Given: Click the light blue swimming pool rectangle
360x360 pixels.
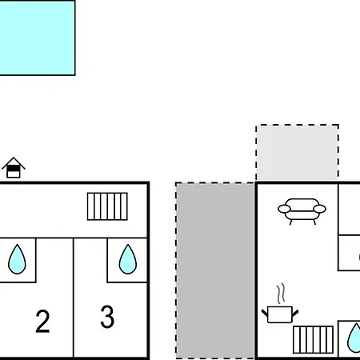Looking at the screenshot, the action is click(x=38, y=38).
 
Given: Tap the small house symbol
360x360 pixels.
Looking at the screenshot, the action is click(x=14, y=168).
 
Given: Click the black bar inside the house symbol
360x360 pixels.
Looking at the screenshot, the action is click(x=14, y=168).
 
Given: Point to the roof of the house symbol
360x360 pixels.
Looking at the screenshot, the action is click(x=14, y=163).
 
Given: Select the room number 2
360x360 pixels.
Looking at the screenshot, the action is click(x=42, y=321).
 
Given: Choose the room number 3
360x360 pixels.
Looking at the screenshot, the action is click(x=107, y=317).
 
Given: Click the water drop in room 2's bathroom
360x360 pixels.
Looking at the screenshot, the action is click(x=17, y=259).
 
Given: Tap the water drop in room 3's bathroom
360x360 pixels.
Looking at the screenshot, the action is click(x=128, y=259).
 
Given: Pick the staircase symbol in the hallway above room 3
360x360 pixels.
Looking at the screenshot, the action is click(x=107, y=206).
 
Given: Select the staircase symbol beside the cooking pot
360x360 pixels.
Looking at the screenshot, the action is click(x=313, y=339).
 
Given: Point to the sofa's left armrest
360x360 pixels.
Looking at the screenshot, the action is click(x=284, y=209).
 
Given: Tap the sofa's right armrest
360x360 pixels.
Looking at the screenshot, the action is click(x=320, y=209).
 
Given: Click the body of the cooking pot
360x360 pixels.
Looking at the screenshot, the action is click(x=280, y=314).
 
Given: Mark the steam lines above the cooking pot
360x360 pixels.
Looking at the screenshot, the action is click(x=281, y=294).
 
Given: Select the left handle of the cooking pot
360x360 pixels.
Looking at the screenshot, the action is click(x=265, y=313).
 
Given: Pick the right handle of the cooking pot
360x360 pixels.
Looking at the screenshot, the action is click(x=295, y=313).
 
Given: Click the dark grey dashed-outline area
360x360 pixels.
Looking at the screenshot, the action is click(x=214, y=270).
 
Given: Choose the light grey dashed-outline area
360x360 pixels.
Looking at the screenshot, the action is click(x=298, y=153).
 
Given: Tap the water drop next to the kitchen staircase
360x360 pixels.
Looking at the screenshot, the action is click(x=354, y=338).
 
